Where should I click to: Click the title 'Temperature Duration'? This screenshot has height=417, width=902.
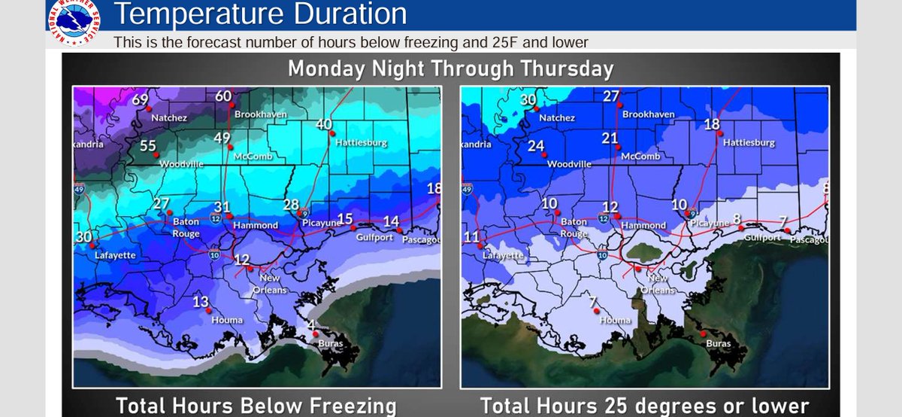tap(260, 14)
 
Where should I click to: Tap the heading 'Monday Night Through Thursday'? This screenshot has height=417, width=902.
tap(450, 69)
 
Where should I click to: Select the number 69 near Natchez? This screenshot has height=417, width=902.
tap(141, 100)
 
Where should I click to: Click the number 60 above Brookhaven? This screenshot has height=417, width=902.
tap(223, 96)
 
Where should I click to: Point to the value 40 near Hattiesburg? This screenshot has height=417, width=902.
tap(324, 124)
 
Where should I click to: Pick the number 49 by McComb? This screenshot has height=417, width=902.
tap(222, 138)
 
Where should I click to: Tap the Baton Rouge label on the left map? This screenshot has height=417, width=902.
tap(186, 227)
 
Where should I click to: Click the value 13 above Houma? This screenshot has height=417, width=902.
tap(201, 302)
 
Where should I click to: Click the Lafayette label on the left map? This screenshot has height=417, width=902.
tap(115, 255)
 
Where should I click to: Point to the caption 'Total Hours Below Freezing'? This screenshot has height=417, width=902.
tap(256, 406)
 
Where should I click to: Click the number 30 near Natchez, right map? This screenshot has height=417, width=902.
tap(528, 100)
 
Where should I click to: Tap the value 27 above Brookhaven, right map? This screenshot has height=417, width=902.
tap(611, 96)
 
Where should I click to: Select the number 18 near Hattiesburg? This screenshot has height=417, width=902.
tap(712, 124)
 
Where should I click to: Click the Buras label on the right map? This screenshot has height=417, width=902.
tap(718, 344)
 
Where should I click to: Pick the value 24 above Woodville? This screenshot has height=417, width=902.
tap(535, 146)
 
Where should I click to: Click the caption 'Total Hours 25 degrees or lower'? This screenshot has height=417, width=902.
tap(644, 406)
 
